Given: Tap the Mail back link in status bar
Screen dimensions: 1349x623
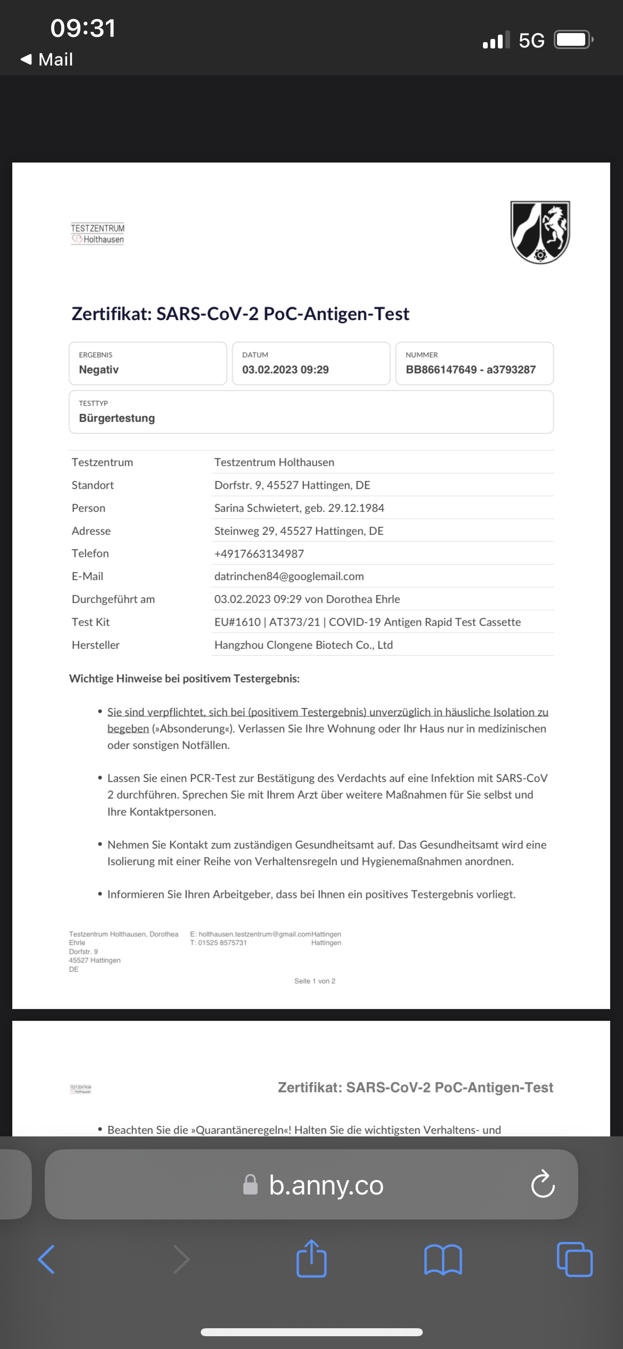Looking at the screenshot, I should [x=47, y=59].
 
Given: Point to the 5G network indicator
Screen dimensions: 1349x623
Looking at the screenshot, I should [x=531, y=40].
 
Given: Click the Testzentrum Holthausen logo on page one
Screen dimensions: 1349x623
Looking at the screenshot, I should [x=97, y=233].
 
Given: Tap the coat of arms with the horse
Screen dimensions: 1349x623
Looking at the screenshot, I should [x=540, y=232].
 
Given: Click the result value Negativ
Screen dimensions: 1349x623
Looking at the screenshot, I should [x=99, y=370].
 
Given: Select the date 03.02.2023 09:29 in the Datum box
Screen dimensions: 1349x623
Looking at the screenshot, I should [x=285, y=370].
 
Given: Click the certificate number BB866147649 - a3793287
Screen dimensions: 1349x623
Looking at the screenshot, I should [x=471, y=370].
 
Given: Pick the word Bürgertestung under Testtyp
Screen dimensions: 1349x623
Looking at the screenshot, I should [x=117, y=418].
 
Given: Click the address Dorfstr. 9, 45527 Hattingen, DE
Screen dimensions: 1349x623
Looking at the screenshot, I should [x=292, y=485].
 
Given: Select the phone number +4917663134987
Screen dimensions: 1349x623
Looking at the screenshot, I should [x=259, y=554].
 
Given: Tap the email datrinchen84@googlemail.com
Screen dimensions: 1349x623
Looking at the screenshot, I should [x=289, y=576].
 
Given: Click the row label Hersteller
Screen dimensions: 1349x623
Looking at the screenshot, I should [x=96, y=645].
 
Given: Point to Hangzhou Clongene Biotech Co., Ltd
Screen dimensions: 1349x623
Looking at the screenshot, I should [x=304, y=645].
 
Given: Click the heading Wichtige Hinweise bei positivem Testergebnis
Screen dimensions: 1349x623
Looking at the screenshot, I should [x=184, y=679].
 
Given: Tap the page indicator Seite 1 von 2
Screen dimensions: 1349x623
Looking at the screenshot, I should [x=315, y=981].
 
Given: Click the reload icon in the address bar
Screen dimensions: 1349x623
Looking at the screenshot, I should [x=543, y=1184].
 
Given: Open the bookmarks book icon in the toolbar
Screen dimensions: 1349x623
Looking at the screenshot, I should [x=443, y=1259].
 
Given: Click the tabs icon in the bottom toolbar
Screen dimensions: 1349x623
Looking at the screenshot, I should [x=574, y=1259].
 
